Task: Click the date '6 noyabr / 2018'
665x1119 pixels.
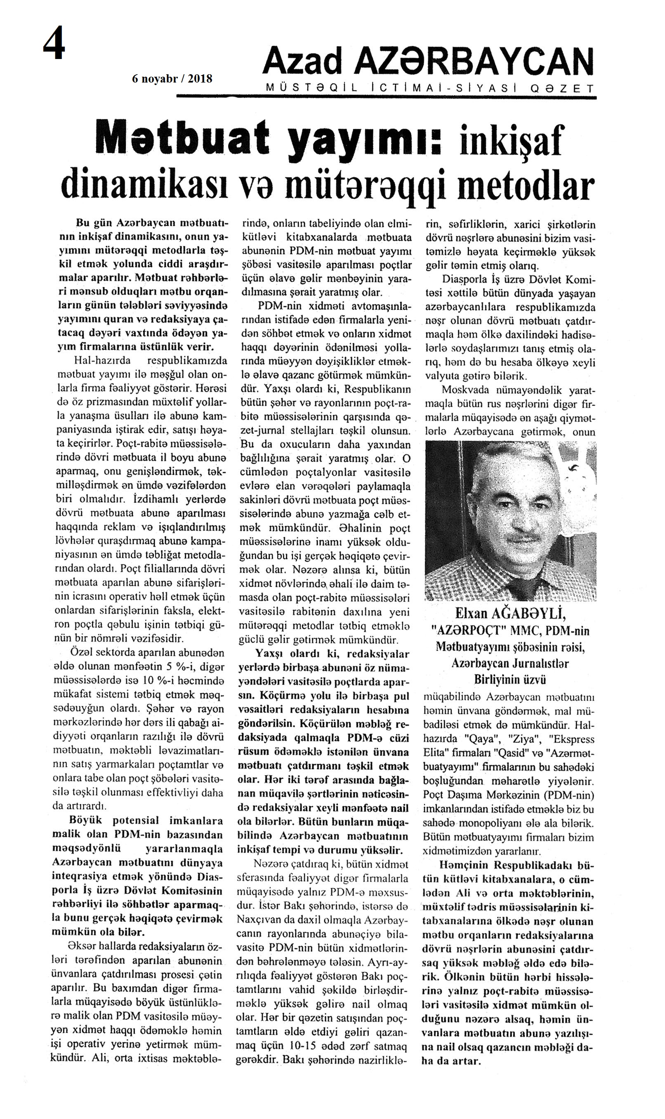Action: tap(172, 79)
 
